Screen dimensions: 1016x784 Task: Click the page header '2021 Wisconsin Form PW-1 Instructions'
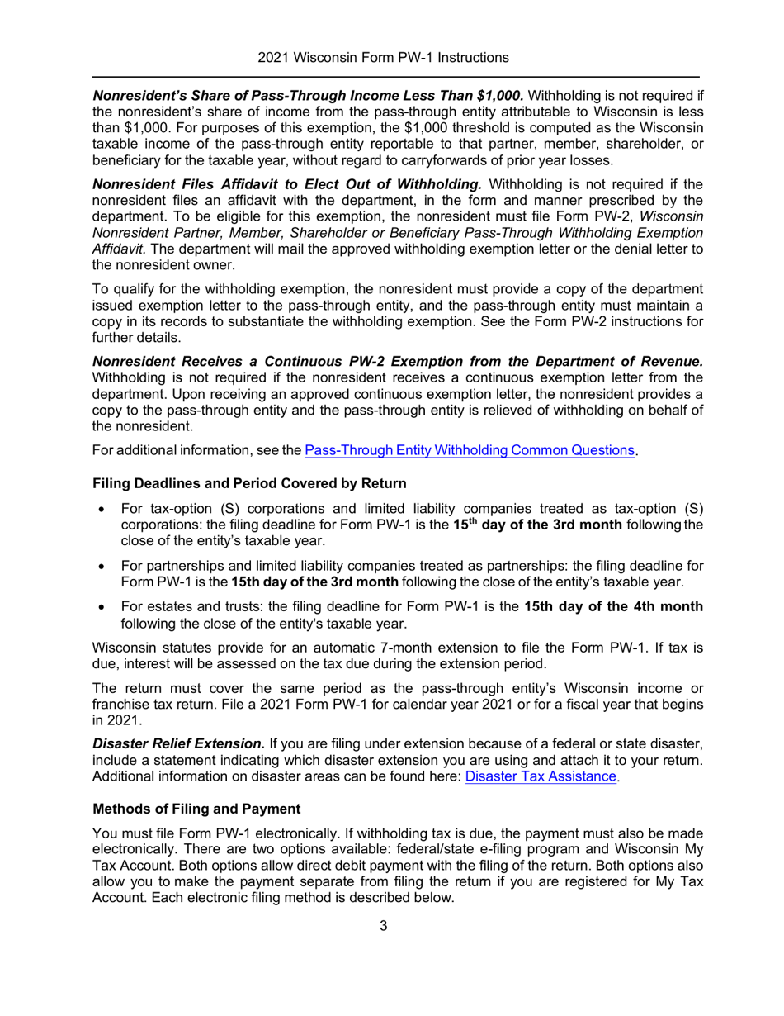point(382,58)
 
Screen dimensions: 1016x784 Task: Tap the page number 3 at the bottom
point(383,925)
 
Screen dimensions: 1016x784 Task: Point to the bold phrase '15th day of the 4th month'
point(613,607)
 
